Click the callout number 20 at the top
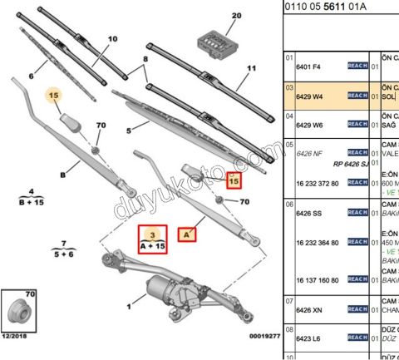tap(235, 16)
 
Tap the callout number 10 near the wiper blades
tap(113, 38)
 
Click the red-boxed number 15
tap(234, 180)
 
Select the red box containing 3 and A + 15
tap(152, 239)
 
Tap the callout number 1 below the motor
tap(129, 308)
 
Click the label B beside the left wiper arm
tap(63, 175)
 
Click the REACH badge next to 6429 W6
tap(357, 125)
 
